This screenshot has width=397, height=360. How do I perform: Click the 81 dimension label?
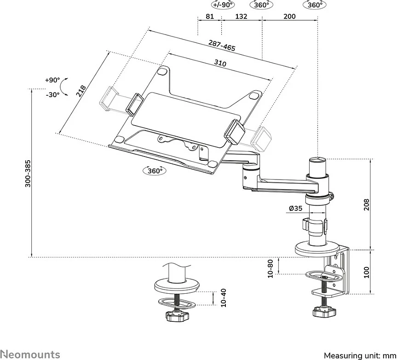(210, 16)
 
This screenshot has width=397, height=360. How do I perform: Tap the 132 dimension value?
(241, 16)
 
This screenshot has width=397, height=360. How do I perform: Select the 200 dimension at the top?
(289, 16)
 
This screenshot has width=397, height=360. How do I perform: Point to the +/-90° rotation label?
(223, 5)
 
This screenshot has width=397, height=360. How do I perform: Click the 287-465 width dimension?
(222, 46)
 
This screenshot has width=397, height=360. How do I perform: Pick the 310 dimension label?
(220, 63)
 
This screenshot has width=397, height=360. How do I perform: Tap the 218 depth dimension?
(81, 91)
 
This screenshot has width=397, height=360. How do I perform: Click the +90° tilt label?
(52, 80)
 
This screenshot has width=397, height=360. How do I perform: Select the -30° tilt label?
(52, 95)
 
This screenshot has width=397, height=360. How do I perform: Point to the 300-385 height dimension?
(28, 173)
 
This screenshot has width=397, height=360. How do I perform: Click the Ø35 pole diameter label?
(295, 208)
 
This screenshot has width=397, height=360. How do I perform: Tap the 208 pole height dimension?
(366, 205)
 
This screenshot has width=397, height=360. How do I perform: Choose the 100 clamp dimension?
(366, 272)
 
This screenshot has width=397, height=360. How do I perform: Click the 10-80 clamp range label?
(270, 268)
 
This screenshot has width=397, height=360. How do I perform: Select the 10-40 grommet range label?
(223, 298)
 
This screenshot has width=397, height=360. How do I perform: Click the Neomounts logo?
(30, 354)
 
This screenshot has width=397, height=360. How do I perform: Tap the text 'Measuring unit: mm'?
(360, 355)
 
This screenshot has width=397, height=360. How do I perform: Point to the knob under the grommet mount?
(178, 316)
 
